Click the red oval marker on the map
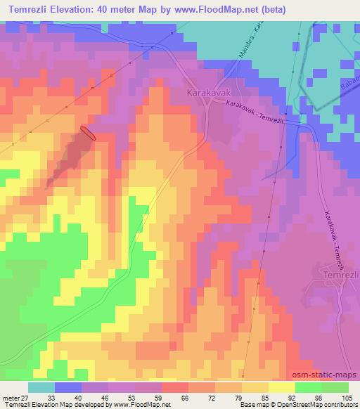88,134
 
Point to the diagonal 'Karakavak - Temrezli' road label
257,111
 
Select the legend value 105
346,397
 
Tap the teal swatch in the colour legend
41,387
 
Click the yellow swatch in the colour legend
281,387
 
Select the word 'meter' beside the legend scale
10,397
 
